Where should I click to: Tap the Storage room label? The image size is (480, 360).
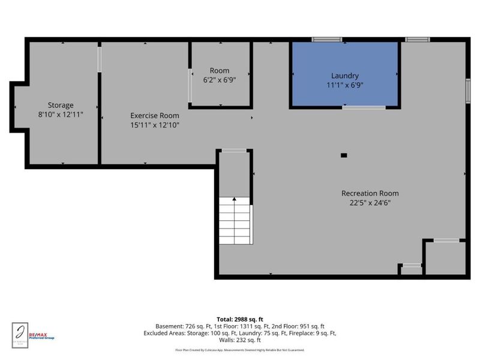tap(61, 105)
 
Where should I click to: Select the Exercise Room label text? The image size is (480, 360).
tap(155, 116)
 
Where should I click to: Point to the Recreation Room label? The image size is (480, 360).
tap(370, 193)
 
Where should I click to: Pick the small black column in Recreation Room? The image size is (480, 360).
tap(344, 155)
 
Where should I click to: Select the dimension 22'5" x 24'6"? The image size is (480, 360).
tap(370, 203)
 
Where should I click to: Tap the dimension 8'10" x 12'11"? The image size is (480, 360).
tap(61, 114)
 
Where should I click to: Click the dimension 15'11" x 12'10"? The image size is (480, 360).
tap(155, 125)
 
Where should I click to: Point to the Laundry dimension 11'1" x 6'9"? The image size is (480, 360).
tap(344, 85)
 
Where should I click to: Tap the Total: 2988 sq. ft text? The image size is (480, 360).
tap(240, 319)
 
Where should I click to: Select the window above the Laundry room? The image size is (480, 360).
tap(326, 40)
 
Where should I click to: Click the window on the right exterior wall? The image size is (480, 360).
tap(468, 91)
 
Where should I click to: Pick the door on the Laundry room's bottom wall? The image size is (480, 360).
tap(364, 107)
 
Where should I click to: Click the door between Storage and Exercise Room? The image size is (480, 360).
tap(100, 59)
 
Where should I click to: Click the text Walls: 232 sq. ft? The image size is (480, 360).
tap(240, 340)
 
